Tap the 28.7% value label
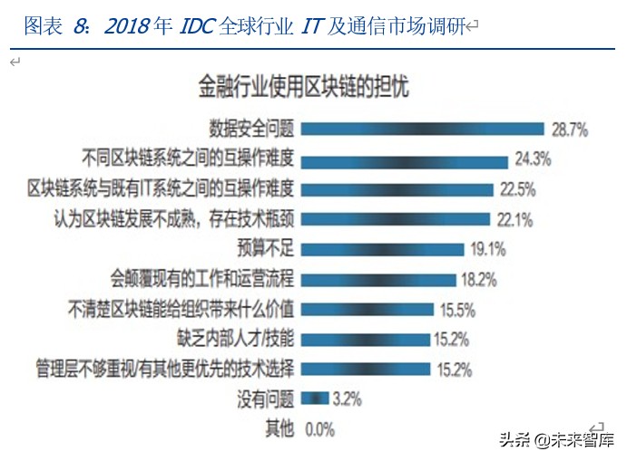569,130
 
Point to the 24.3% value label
534,159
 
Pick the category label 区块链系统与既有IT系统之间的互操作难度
161,188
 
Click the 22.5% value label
518,189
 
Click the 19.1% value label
487,248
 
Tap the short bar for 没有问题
314,398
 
